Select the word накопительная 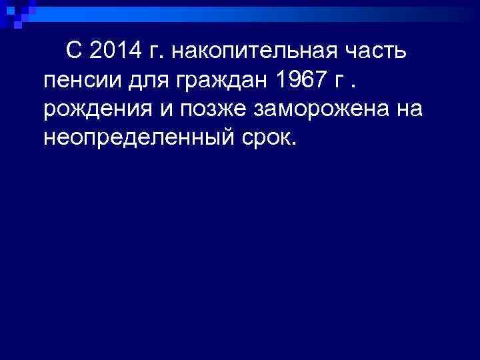249,51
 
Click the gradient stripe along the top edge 267,11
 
